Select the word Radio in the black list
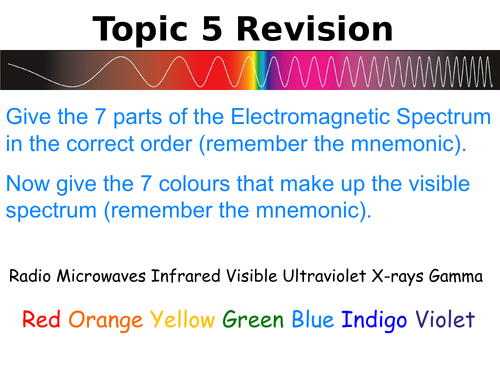coord(40,275)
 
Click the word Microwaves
coord(109,275)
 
